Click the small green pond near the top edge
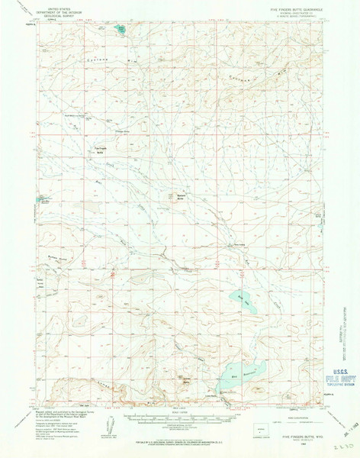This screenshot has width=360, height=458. click(120, 31)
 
